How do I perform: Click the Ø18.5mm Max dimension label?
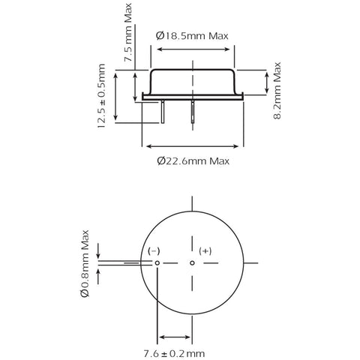click(192, 36)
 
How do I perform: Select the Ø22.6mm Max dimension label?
click(193, 160)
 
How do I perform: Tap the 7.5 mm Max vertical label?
click(128, 32)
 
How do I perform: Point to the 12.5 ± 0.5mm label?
click(101, 96)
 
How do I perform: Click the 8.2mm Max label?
click(277, 91)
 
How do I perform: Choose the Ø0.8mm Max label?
click(85, 263)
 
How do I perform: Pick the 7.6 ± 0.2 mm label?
click(174, 353)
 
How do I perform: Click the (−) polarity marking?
click(154, 251)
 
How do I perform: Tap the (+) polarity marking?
click(205, 251)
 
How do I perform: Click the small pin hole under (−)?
click(157, 263)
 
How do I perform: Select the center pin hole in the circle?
click(192, 263)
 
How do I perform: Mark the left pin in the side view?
click(163, 112)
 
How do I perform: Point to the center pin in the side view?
click(193, 112)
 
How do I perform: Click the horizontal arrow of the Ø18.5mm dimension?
click(193, 49)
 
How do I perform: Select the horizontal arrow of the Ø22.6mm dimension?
click(193, 146)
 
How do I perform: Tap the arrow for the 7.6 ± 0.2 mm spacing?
click(175, 337)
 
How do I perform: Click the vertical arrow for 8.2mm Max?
click(267, 82)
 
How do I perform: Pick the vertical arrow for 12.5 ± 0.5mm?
click(115, 97)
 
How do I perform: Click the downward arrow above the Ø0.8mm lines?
click(98, 251)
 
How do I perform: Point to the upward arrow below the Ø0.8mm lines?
click(98, 277)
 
